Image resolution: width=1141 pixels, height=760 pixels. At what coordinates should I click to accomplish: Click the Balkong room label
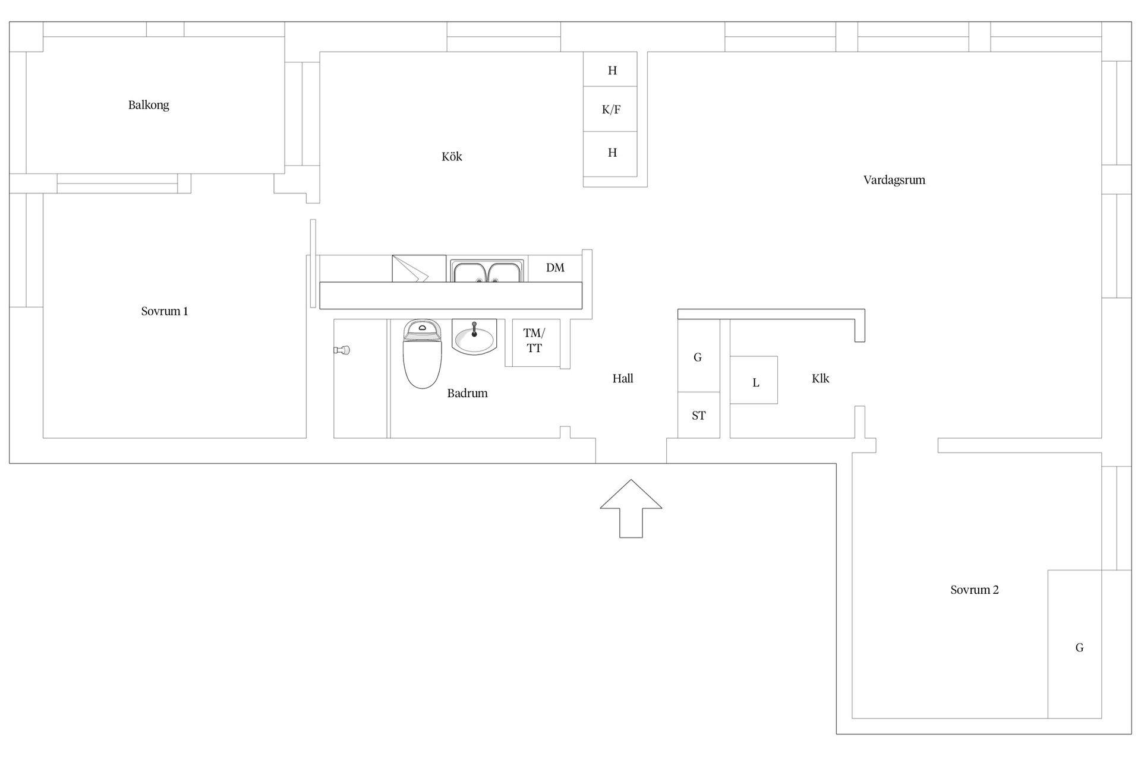pyautogui.click(x=149, y=105)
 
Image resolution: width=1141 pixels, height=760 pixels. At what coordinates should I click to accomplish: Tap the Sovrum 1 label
pyautogui.click(x=165, y=311)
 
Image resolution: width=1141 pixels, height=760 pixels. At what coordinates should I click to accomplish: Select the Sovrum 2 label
pyautogui.click(x=975, y=590)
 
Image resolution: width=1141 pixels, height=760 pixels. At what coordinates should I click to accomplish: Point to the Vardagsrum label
pyautogui.click(x=894, y=180)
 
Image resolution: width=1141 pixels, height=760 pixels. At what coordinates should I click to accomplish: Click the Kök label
pyautogui.click(x=452, y=157)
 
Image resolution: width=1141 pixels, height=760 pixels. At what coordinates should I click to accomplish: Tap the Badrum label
pyautogui.click(x=468, y=393)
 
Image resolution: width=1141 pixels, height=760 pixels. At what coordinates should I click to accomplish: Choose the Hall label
pyautogui.click(x=623, y=378)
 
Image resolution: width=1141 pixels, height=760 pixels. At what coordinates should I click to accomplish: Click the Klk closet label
pyautogui.click(x=820, y=378)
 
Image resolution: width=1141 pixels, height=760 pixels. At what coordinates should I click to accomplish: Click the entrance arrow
pyautogui.click(x=631, y=508)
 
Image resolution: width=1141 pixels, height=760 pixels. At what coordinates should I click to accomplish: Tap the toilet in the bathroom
pyautogui.click(x=423, y=354)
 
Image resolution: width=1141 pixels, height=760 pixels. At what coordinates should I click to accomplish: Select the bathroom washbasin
pyautogui.click(x=474, y=337)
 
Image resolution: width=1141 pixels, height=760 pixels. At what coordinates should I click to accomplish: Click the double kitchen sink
pyautogui.click(x=487, y=271)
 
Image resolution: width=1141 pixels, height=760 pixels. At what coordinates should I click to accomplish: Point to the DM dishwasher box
pyautogui.click(x=555, y=268)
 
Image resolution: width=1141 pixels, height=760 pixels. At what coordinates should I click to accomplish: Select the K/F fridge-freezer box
pyautogui.click(x=610, y=109)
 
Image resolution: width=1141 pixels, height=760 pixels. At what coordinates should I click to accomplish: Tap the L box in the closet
pyautogui.click(x=754, y=380)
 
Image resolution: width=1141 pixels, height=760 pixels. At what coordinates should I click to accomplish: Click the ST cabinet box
pyautogui.click(x=699, y=415)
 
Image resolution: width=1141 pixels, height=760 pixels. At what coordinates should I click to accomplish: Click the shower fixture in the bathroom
pyautogui.click(x=342, y=350)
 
